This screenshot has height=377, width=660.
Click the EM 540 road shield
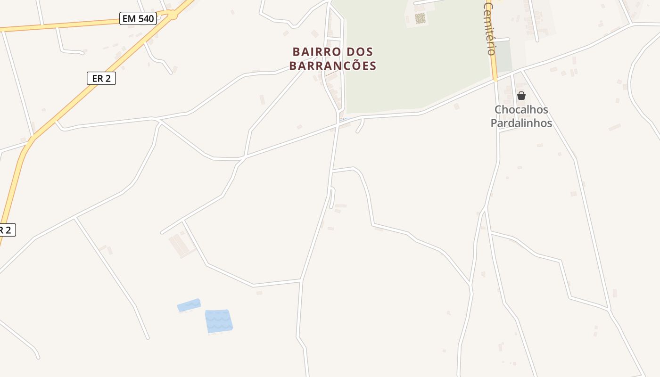tap(138, 19)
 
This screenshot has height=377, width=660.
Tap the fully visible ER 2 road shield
tap(101, 78)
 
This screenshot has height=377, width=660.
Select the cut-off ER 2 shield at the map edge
tap(7, 230)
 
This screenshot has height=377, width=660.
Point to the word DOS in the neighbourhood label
tap(360, 52)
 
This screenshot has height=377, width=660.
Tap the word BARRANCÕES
tap(333, 66)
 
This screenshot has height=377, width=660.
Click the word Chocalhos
tap(521, 110)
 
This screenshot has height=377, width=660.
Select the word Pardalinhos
tap(521, 123)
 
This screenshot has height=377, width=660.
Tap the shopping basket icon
tap(521, 96)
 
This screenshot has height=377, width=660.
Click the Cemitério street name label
tap(490, 28)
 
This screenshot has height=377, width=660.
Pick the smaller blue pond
tap(189, 305)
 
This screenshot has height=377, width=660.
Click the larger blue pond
tap(219, 321)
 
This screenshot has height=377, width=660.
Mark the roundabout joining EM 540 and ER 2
tap(173, 15)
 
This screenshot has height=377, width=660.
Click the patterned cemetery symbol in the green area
tap(420, 19)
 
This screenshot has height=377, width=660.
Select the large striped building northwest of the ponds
tap(181, 246)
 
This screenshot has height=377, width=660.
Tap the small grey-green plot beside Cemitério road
tap(504, 57)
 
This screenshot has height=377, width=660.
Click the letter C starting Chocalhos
tap(498, 110)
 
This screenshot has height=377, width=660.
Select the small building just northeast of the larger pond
tap(259, 293)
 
